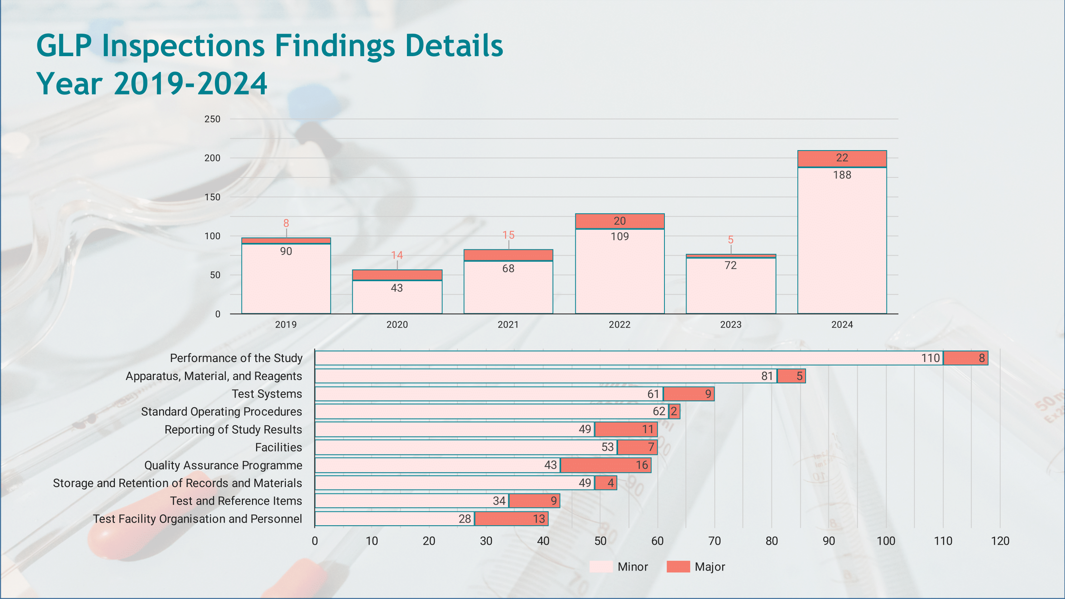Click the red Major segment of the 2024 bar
pyautogui.click(x=842, y=159)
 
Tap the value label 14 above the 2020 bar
pyautogui.click(x=397, y=255)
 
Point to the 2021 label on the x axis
pyautogui.click(x=508, y=325)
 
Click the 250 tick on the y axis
pyautogui.click(x=212, y=119)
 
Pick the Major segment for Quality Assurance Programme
pyautogui.click(x=605, y=465)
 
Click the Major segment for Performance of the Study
pyautogui.click(x=965, y=358)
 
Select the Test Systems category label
pyautogui.click(x=267, y=393)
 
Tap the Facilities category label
pyautogui.click(x=278, y=447)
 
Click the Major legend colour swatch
pyautogui.click(x=678, y=566)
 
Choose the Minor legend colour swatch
pyautogui.click(x=601, y=566)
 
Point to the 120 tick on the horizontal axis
pyautogui.click(x=1000, y=541)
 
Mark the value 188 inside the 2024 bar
pyautogui.click(x=842, y=175)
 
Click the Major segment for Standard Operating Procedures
pyautogui.click(x=674, y=411)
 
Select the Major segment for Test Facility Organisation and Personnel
pyautogui.click(x=511, y=519)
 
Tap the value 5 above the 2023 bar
pyautogui.click(x=731, y=240)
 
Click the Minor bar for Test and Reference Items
pyautogui.click(x=411, y=501)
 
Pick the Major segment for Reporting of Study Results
pyautogui.click(x=626, y=429)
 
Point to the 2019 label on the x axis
pyautogui.click(x=286, y=325)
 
